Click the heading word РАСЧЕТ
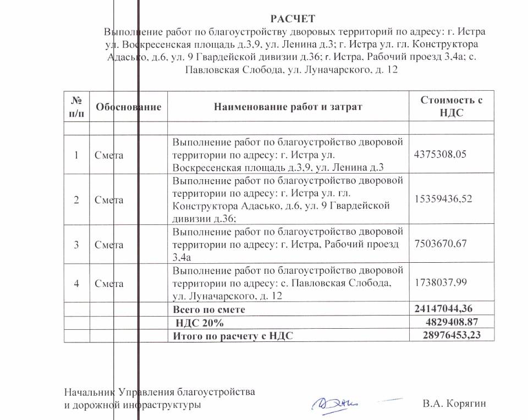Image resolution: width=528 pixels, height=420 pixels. pos(293,19)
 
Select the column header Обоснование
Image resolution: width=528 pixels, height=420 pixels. pos(129,107)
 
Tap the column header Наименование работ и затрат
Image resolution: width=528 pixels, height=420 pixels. pos(288,107)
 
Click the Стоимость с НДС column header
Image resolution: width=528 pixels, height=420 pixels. pos(451,107)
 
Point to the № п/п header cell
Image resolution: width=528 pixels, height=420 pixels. pos(76,107)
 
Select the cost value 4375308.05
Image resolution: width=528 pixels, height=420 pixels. pos(439,154)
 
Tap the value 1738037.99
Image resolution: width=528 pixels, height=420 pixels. pos(439,282)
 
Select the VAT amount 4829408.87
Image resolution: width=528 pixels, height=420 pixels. pos(454,322)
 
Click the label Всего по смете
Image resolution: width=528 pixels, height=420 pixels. pos(209,310)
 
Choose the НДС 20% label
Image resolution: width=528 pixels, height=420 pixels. pos(199,323)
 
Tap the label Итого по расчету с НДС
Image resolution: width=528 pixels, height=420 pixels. pos(233,335)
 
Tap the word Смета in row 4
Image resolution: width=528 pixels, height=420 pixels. pos(109,284)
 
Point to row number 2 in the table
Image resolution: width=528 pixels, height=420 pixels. pos(76,200)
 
